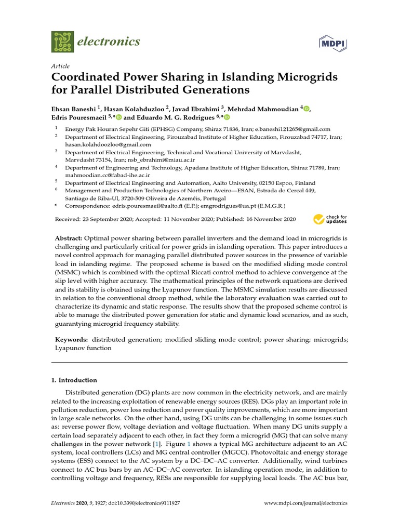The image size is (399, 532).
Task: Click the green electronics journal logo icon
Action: (63, 41)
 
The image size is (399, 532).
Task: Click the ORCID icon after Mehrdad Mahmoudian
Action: (307, 108)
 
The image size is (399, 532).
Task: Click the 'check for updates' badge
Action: (330, 219)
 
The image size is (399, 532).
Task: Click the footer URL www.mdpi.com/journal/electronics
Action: (305, 503)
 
